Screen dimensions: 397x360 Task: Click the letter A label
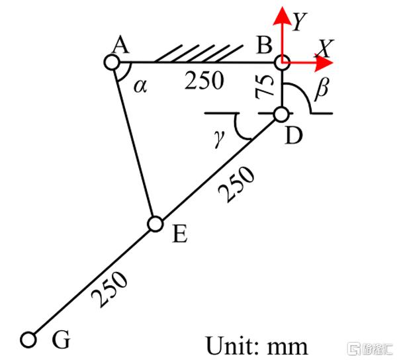tap(121, 44)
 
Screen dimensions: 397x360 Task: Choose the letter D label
tap(294, 136)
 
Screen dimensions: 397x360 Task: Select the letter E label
tap(180, 234)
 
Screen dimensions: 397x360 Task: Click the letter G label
tap(61, 339)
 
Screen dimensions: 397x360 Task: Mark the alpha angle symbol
tap(140, 86)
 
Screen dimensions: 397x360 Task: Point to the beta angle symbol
tap(322, 89)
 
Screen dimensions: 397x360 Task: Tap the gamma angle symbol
tap(219, 139)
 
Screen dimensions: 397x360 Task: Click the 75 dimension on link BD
tap(265, 87)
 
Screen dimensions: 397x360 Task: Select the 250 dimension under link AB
tap(204, 80)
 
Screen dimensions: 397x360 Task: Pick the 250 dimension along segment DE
tap(236, 183)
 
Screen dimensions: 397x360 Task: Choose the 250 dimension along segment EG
tap(109, 289)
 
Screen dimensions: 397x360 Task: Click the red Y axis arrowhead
tap(282, 16)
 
